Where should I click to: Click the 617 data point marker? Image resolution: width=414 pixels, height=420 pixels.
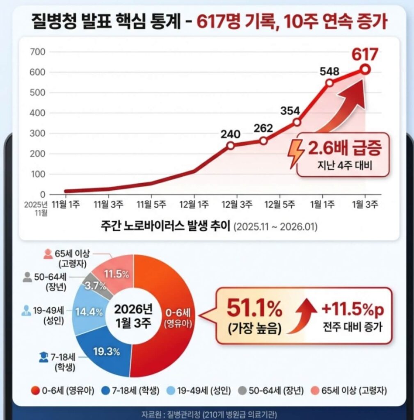coord(365,70)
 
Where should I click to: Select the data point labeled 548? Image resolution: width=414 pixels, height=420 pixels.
coord(329,83)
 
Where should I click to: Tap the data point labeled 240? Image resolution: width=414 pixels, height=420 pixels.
coord(231,146)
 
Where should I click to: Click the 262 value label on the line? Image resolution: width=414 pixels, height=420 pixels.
coord(263,128)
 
